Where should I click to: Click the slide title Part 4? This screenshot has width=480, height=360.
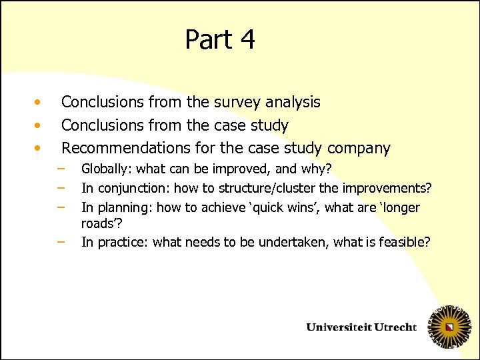coord(220,39)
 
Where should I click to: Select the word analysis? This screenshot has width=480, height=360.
coord(293,102)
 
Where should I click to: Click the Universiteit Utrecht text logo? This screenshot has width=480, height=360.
coord(361,327)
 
